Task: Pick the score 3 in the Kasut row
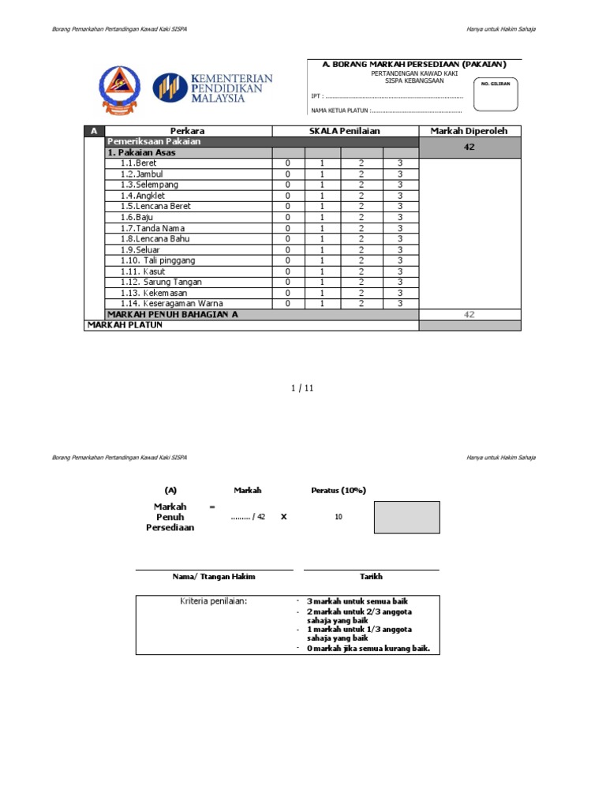pyautogui.click(x=400, y=271)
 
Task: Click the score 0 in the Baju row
pyautogui.click(x=288, y=217)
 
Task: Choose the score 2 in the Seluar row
pyautogui.click(x=361, y=249)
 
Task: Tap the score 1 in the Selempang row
pyautogui.click(x=321, y=185)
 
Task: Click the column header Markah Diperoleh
pyautogui.click(x=469, y=131)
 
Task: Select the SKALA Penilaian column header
pyautogui.click(x=345, y=131)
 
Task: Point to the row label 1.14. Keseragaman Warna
pyautogui.click(x=171, y=303)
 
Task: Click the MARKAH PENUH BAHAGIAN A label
pyautogui.click(x=172, y=314)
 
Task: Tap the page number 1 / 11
pyautogui.click(x=303, y=387)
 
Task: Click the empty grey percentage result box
pyautogui.click(x=406, y=517)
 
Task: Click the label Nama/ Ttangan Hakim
pyautogui.click(x=214, y=577)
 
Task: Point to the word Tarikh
pyautogui.click(x=371, y=577)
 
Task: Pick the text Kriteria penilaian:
pyautogui.click(x=214, y=601)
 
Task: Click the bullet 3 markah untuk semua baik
pyautogui.click(x=357, y=601)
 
